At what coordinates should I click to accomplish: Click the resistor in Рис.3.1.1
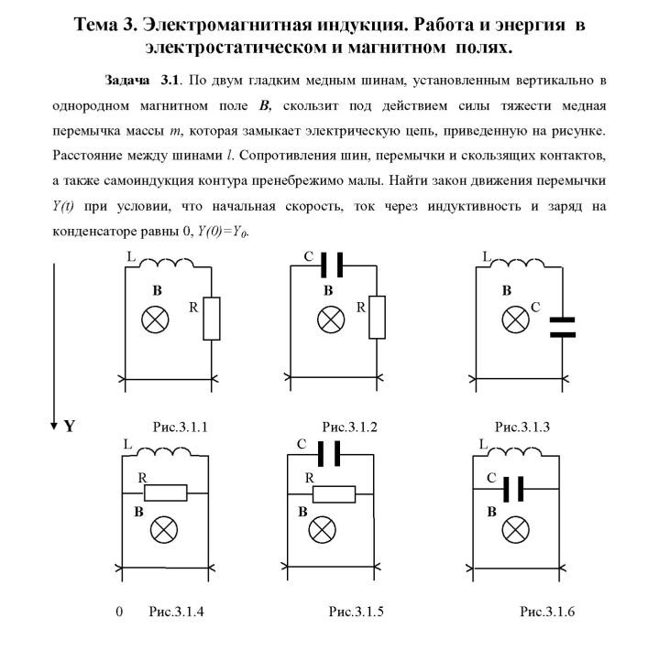(212, 319)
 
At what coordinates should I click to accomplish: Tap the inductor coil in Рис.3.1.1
(167, 262)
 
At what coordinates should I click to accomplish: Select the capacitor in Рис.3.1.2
(332, 265)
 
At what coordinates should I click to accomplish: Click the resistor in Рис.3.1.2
(377, 317)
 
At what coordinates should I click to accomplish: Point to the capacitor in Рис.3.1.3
(563, 328)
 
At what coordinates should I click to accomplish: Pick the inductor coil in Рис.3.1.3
(517, 263)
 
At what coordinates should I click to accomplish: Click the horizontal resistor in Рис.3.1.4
(166, 493)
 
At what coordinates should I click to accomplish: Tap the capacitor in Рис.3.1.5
(329, 454)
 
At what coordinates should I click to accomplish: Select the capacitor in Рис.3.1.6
(513, 489)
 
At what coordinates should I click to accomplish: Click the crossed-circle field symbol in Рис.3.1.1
(155, 320)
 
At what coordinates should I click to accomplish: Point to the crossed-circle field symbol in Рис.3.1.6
(515, 530)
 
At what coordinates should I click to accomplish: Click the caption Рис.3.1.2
(349, 427)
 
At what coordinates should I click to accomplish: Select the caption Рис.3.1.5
(356, 612)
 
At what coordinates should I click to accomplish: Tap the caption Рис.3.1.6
(547, 612)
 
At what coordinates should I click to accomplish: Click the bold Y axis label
(70, 426)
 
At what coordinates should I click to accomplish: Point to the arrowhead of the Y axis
(54, 426)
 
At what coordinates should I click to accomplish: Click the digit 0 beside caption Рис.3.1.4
(119, 612)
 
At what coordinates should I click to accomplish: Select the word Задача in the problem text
(126, 81)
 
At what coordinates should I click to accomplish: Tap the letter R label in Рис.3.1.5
(310, 478)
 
